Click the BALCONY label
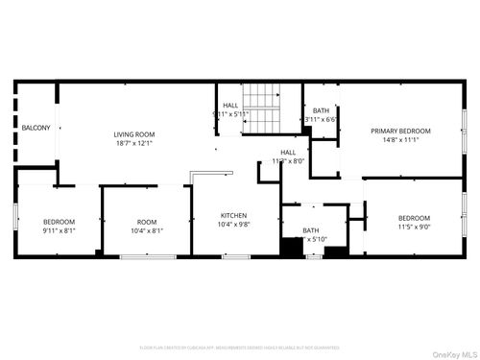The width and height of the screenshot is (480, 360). click(36, 127)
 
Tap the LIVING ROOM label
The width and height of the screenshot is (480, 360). click(134, 134)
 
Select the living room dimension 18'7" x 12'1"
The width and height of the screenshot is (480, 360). click(134, 144)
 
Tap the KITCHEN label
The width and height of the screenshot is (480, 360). click(234, 215)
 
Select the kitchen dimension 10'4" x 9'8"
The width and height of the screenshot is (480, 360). click(234, 225)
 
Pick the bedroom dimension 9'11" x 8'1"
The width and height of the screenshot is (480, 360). click(58, 230)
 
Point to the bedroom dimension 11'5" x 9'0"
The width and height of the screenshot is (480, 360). click(414, 227)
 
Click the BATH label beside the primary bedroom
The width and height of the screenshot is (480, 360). click(321, 110)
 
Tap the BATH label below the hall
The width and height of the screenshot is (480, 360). click(311, 230)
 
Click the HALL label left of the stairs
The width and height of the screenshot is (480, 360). click(230, 105)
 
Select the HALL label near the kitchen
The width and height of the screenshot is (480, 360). click(288, 153)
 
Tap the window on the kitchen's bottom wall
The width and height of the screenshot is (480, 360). click(235, 256)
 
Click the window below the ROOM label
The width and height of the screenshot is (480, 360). click(147, 256)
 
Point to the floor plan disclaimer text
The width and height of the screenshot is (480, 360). click(240, 347)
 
